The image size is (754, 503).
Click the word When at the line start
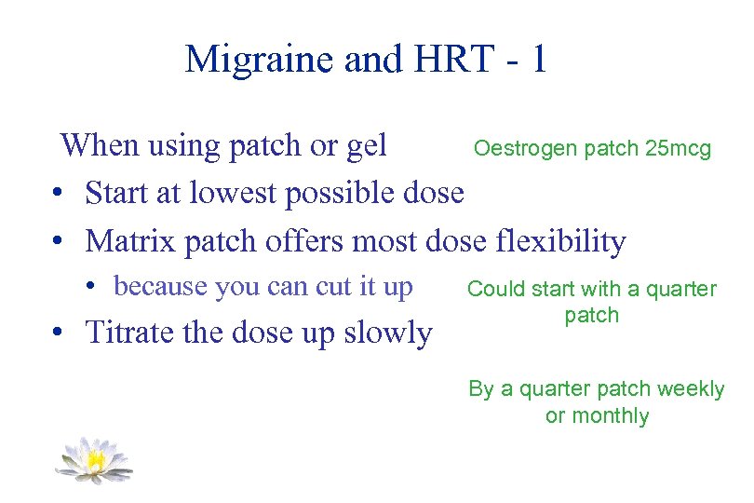pyautogui.click(x=101, y=145)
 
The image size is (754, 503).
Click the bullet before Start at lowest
pyautogui.click(x=58, y=195)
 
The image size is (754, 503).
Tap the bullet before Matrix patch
pyautogui.click(x=58, y=243)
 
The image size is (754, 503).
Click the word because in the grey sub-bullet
pyautogui.click(x=160, y=287)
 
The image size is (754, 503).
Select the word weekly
pyautogui.click(x=689, y=389)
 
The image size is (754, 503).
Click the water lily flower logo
pyautogui.click(x=93, y=459)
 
